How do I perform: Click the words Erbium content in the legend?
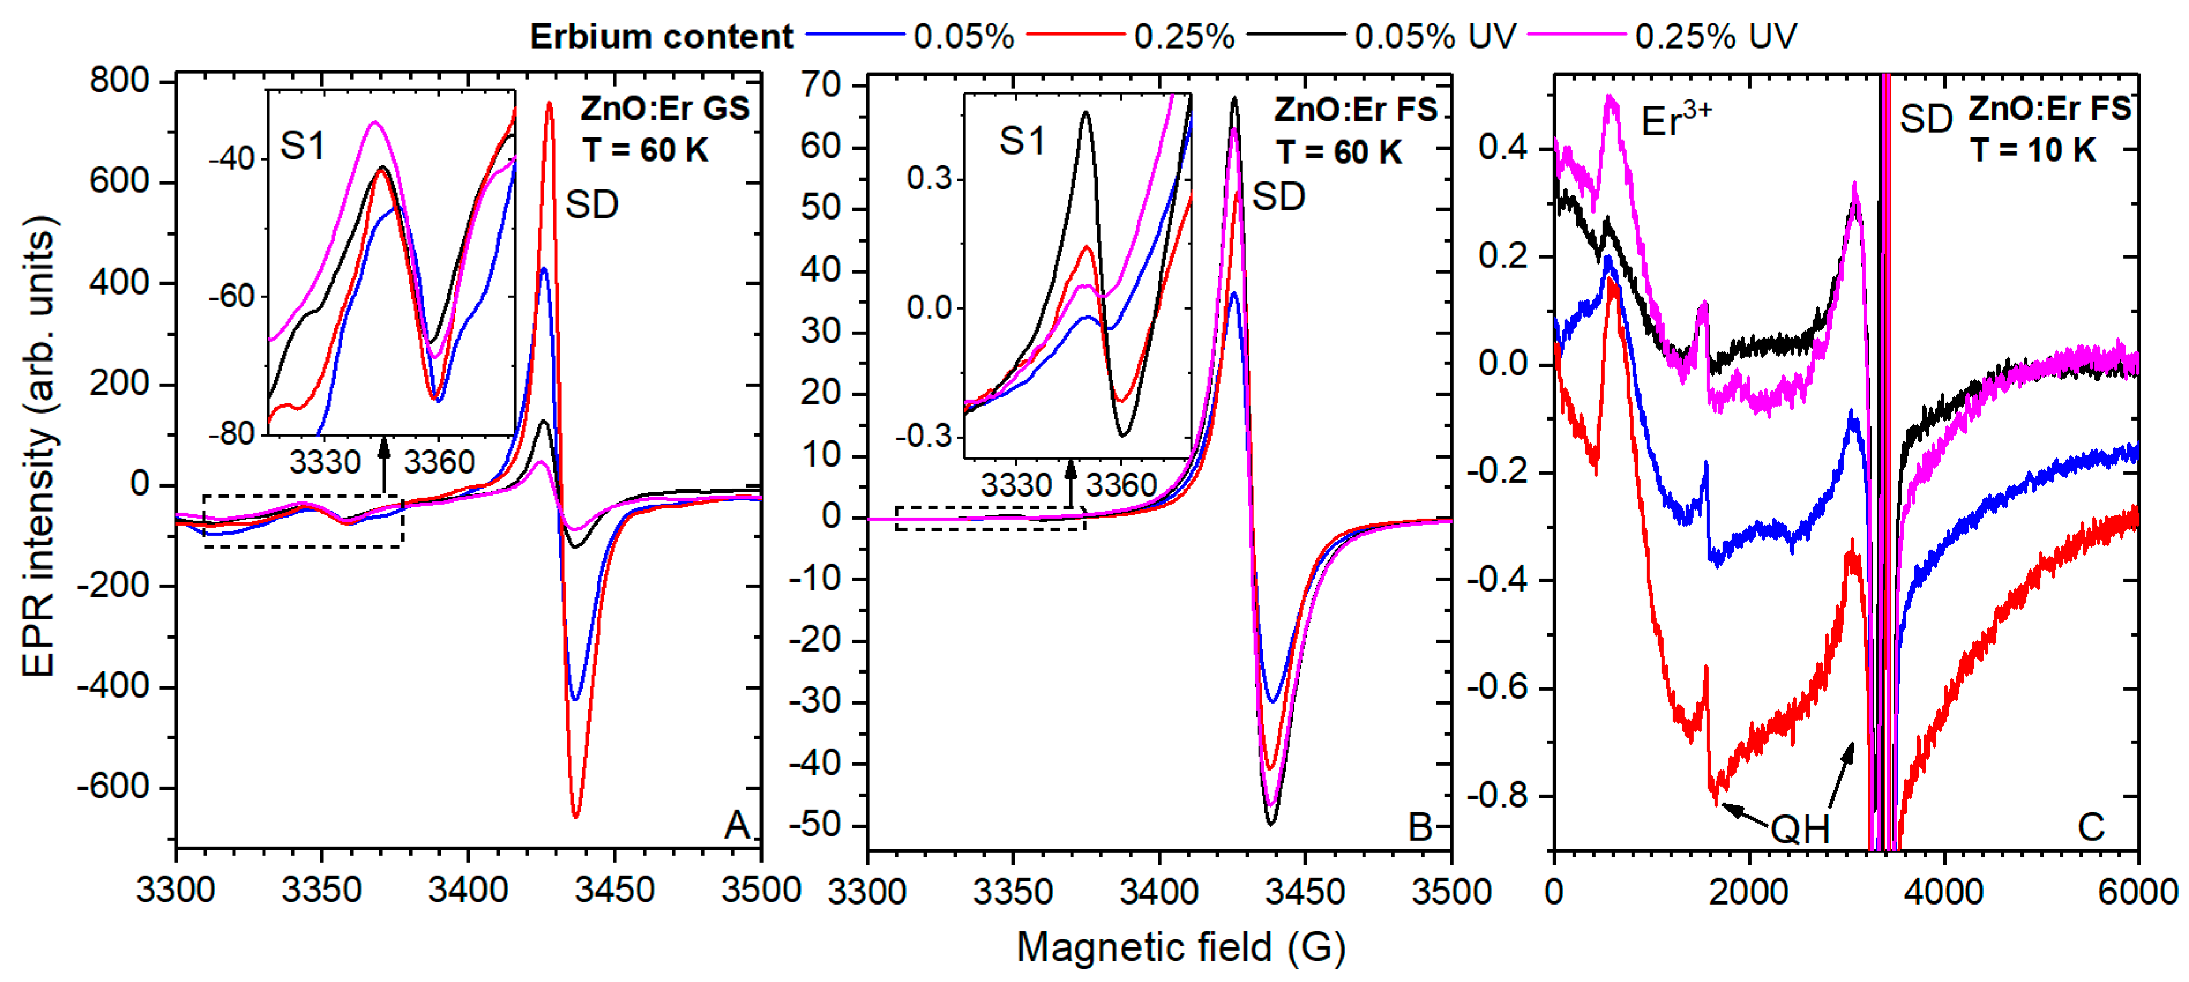tap(661, 36)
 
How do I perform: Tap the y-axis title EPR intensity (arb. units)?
tap(38, 447)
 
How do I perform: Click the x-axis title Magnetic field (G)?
tap(1181, 946)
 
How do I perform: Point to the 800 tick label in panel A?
tap(119, 81)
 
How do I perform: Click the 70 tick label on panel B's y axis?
tap(821, 85)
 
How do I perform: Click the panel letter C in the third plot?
tap(2090, 827)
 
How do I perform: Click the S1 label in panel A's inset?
tap(302, 146)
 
